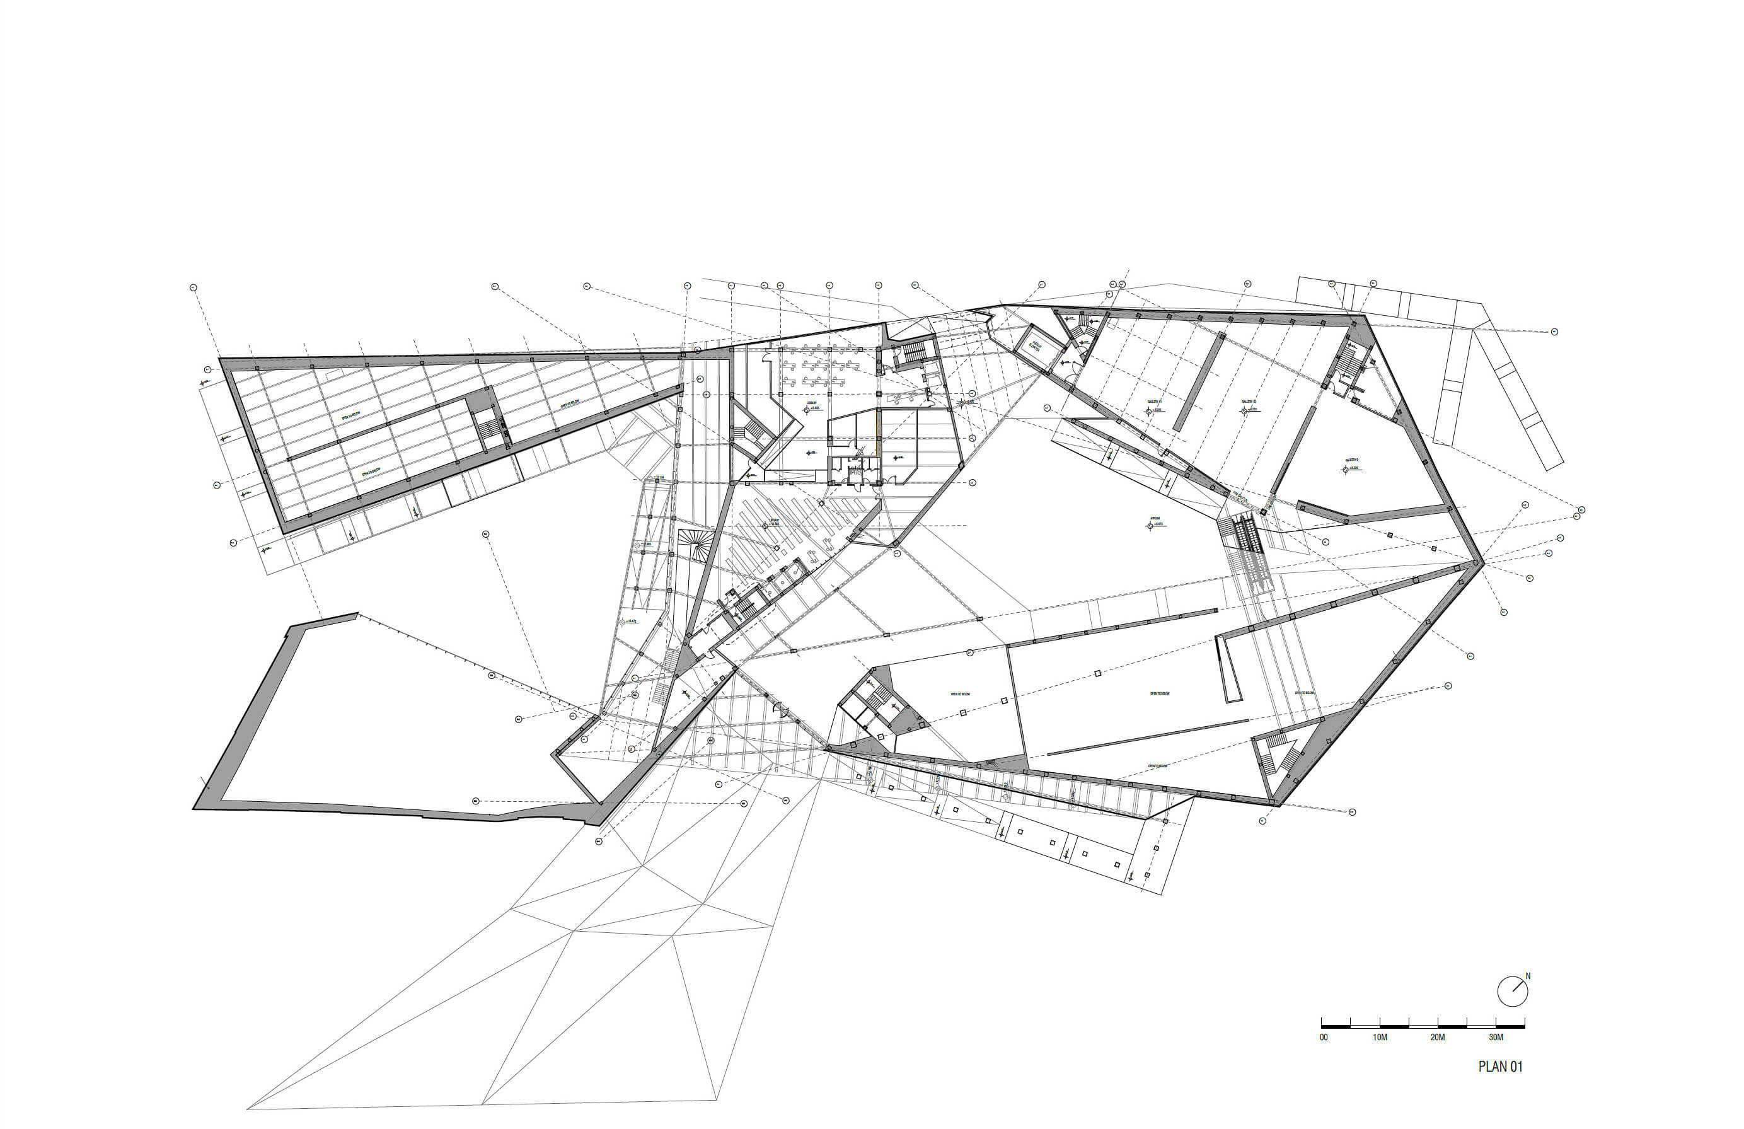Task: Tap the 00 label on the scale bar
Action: tap(1324, 1038)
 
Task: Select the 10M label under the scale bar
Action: tap(1380, 1038)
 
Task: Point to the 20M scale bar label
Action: tap(1438, 1038)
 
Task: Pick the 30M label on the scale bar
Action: tap(1496, 1038)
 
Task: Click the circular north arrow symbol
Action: tap(1511, 992)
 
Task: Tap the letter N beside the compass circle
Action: tap(1528, 976)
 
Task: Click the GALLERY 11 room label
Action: tap(1155, 402)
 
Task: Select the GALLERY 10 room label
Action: tap(1249, 402)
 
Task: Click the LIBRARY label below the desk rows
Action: tap(812, 402)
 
